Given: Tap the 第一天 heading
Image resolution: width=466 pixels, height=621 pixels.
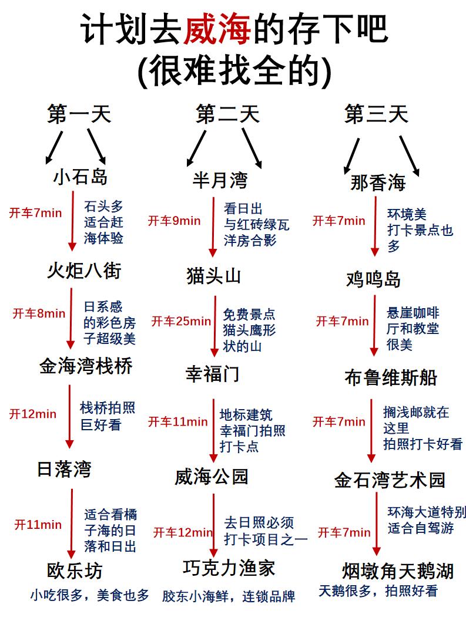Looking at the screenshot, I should coord(79,114).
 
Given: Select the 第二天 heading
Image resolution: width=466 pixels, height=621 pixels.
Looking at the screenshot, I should coord(227,114).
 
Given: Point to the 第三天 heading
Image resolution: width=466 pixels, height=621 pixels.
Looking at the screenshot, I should coord(376,114).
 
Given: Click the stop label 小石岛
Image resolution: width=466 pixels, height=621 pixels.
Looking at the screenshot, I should coord(80,176).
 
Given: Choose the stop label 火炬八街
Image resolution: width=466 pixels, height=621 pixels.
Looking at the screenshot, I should coord(84,271).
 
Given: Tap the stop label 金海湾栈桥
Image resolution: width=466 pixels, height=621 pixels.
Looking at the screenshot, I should coord(86,366).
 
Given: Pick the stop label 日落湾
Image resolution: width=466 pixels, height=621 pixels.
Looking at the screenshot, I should coord(64,469).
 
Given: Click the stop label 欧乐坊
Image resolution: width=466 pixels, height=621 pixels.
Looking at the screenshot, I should coord(75,571).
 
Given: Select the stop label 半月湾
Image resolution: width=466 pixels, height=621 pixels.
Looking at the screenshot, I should coord(220,180).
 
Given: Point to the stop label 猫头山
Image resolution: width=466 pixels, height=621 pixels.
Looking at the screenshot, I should coord(213,275).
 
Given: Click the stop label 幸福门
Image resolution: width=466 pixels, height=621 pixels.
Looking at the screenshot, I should coord(212,374).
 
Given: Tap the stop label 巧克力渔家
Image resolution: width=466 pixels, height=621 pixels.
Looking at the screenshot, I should coord(229,568).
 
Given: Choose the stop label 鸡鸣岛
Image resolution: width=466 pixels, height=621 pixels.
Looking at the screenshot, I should coord(373,280).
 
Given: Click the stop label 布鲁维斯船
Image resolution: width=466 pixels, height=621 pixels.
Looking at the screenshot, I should coord(391,378).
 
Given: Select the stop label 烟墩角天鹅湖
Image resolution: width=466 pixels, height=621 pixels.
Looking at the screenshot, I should coord(398,571).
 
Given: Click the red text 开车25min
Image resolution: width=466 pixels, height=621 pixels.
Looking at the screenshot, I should coord(181,321).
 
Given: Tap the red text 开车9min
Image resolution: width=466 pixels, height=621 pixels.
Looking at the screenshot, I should coord(174,221).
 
